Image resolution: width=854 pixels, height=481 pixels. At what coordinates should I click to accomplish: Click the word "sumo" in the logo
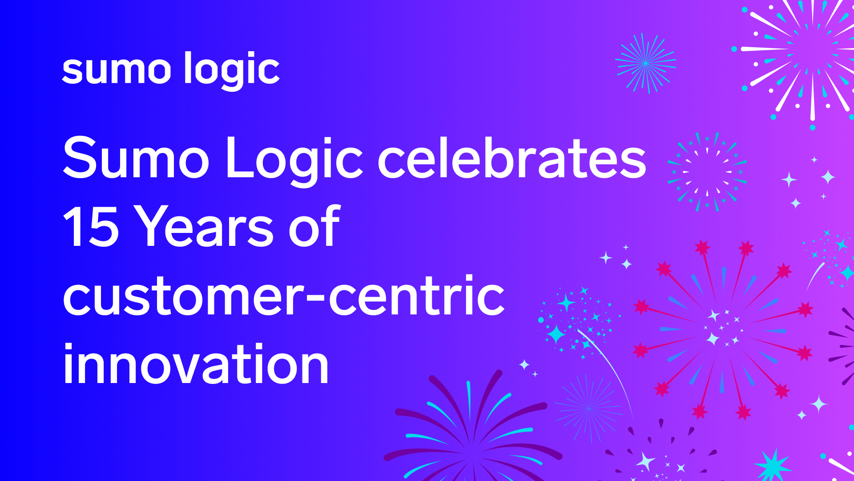117,70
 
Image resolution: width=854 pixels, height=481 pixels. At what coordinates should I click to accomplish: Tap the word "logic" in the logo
232,70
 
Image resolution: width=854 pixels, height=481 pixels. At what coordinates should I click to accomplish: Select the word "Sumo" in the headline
136,158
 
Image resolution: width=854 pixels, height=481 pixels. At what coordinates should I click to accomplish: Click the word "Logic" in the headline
295,160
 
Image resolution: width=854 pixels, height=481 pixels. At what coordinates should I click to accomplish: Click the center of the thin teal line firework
645,63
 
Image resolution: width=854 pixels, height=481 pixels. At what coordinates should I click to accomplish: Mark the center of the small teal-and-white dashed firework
707,171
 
